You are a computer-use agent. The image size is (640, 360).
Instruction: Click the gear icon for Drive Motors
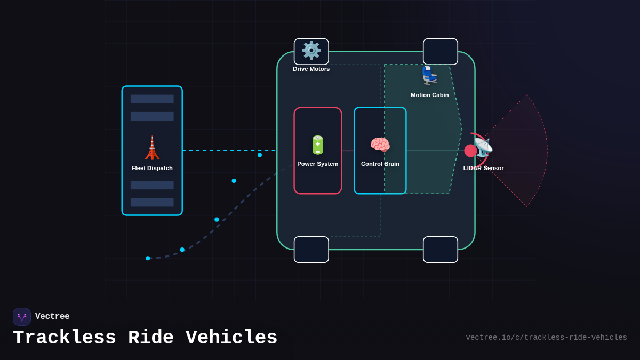pos(311,50)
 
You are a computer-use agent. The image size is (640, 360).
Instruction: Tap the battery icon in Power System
pos(318,145)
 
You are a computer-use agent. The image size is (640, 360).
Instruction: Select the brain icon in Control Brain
pos(380,145)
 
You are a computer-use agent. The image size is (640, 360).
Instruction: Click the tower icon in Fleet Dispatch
pos(152,148)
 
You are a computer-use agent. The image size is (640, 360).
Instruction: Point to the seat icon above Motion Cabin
pos(430,75)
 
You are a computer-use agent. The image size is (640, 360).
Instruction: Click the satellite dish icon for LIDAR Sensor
pos(483,147)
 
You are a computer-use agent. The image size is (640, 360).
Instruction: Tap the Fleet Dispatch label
pos(152,168)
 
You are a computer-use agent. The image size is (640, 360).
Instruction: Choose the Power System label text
pos(318,164)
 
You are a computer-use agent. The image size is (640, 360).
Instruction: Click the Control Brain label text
pos(380,164)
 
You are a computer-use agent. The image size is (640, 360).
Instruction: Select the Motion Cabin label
pos(430,95)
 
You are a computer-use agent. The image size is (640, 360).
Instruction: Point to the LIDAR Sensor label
pos(483,168)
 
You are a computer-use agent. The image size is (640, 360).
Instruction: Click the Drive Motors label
pos(311,69)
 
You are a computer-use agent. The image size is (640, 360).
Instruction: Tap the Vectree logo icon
pos(22,317)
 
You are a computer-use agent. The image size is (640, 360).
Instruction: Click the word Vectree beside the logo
pos(52,317)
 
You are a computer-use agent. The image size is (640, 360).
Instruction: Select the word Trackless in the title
pos(65,338)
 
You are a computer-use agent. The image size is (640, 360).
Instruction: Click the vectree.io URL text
pos(546,338)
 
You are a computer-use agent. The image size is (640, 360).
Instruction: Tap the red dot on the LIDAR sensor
pos(470,150)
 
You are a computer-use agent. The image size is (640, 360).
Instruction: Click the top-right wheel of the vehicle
pos(441,52)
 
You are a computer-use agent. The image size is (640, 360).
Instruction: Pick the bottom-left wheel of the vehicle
pos(311,250)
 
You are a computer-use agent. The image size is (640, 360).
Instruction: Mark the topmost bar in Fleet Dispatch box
pos(152,99)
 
